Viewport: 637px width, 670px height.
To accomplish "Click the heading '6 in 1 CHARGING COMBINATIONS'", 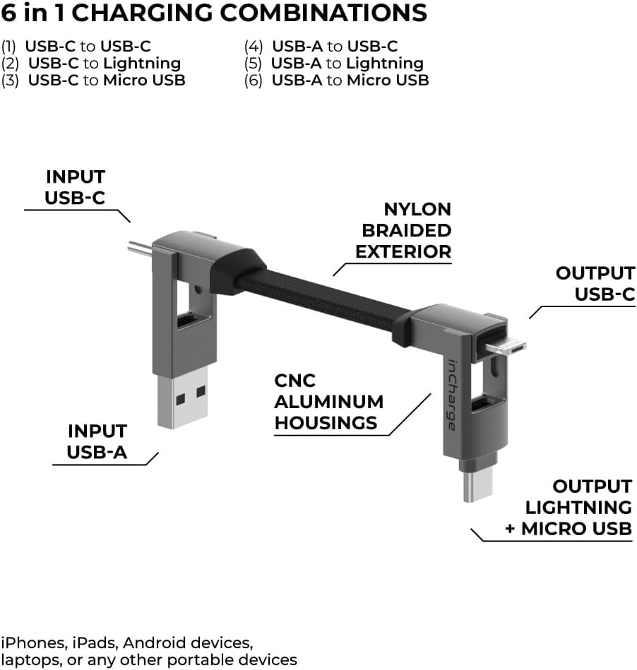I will (x=214, y=13).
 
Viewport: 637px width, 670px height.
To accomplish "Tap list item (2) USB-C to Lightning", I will (x=91, y=64).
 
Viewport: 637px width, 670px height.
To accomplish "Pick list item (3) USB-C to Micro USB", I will (x=93, y=80).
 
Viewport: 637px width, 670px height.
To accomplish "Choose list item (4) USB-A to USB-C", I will (x=321, y=47).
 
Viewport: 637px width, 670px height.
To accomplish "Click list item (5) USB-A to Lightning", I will (x=333, y=64).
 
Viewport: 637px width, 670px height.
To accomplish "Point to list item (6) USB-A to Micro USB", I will (x=336, y=80).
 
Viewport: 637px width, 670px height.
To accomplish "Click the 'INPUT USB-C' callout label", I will (x=75, y=187).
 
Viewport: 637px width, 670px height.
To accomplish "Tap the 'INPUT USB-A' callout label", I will (x=97, y=441).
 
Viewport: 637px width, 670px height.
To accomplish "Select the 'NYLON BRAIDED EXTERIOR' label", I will (x=403, y=230).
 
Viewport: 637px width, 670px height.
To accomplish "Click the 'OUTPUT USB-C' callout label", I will (x=595, y=283).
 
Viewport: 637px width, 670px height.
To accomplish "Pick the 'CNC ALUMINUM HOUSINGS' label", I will (x=328, y=402).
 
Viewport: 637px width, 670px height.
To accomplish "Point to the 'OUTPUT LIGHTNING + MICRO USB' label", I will (x=568, y=507).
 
